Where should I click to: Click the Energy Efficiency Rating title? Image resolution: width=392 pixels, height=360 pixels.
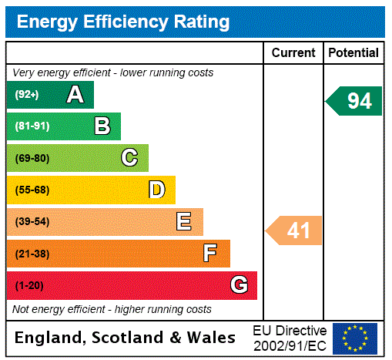point(123,22)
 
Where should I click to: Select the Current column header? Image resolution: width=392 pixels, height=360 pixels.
point(293,53)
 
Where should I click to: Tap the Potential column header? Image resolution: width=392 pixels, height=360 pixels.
point(353,53)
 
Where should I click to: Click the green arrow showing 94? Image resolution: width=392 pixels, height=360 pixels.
point(355,101)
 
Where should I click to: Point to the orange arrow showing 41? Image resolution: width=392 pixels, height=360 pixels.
point(295,230)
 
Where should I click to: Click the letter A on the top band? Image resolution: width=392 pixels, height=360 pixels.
point(75,95)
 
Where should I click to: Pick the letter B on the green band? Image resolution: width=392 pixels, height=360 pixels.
point(102,126)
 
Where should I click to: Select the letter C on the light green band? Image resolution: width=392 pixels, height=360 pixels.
point(129,158)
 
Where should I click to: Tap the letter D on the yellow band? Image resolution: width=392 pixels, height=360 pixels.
point(156,190)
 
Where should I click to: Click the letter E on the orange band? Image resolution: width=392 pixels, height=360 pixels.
point(184,222)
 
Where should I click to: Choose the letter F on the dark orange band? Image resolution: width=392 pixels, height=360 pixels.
point(210,254)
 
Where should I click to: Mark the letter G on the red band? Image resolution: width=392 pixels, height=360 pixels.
point(239,285)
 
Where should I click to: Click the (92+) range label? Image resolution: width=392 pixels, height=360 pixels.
point(27,95)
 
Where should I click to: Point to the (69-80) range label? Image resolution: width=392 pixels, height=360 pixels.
point(32,158)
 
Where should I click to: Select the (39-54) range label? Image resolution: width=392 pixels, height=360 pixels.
point(32,222)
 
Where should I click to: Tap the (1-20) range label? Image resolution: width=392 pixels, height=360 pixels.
point(29,285)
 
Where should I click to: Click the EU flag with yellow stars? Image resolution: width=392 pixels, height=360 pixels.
point(355,338)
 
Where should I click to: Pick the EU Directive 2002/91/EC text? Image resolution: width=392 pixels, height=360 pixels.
point(290,338)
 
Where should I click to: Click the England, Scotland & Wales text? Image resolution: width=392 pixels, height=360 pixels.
point(126,338)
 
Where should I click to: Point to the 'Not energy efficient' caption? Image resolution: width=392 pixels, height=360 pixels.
point(112,309)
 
